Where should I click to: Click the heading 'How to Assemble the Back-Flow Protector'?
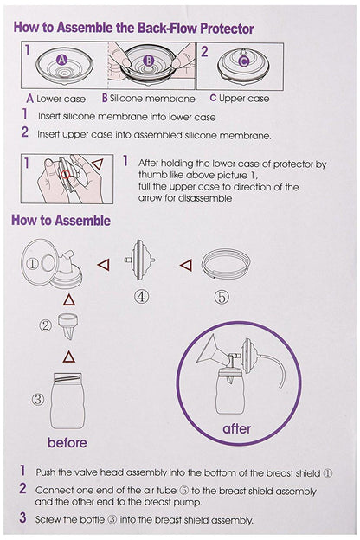click(x=133, y=27)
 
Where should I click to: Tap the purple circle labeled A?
click(x=61, y=60)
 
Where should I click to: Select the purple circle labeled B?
click(x=148, y=61)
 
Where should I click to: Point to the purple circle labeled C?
click(x=244, y=61)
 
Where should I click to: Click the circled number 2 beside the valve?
click(x=46, y=326)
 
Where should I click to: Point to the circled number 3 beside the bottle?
click(x=38, y=400)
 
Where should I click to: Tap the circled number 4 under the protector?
click(x=141, y=297)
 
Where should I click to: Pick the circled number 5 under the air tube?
click(x=222, y=297)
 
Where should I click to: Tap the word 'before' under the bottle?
click(x=67, y=443)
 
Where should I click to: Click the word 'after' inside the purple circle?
click(x=236, y=427)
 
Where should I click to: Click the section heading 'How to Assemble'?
click(x=61, y=220)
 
